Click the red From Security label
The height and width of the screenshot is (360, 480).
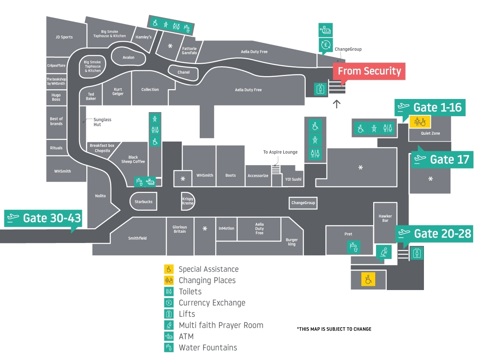click(369, 71)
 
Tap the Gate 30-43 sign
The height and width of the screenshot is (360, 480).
click(43, 218)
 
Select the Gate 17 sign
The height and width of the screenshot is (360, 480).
click(441, 159)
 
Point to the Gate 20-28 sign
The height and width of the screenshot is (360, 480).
click(434, 234)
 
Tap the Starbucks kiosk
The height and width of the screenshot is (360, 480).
click(143, 202)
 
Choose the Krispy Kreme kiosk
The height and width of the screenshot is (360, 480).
click(188, 201)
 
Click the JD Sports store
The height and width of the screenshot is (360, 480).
click(64, 37)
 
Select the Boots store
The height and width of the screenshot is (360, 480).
click(230, 175)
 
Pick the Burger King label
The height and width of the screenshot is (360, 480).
click(292, 242)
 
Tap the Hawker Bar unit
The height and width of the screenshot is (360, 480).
click(385, 218)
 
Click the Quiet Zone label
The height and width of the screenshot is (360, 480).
click(430, 133)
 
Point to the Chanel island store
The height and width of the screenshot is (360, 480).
click(184, 72)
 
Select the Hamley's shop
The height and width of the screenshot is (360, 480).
click(144, 37)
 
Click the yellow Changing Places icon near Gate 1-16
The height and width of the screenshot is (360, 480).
click(420, 121)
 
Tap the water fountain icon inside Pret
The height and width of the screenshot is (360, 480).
click(353, 247)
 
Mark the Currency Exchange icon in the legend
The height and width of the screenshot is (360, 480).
click(169, 303)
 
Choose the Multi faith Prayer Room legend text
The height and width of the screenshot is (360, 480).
click(221, 325)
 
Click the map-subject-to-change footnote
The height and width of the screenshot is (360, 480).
click(334, 329)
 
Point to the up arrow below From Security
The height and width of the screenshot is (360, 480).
click(336, 104)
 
